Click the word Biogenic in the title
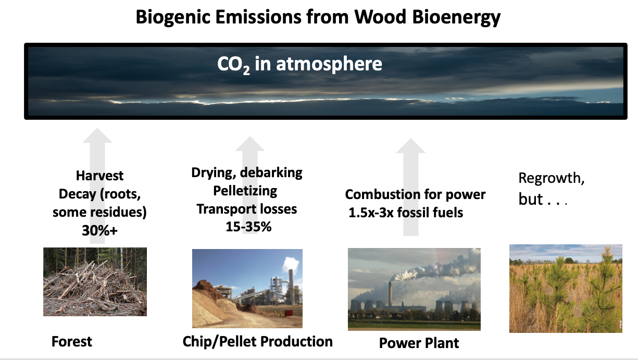point(173,18)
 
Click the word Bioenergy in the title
point(456,18)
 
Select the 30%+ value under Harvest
point(99,230)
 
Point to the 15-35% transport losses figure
point(248,227)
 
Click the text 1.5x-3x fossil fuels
point(406,213)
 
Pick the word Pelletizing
point(245,191)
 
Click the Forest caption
point(72,341)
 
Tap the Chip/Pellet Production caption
point(257,341)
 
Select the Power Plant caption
point(419,343)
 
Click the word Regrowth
point(551,178)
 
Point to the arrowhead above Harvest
point(97,135)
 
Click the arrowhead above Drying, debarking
point(250,144)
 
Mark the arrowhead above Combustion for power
point(411,146)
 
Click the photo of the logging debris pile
point(95,282)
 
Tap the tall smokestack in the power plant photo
point(391,293)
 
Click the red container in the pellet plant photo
point(289,313)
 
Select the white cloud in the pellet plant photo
point(291,264)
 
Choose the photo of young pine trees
point(566,289)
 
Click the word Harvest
point(99,176)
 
